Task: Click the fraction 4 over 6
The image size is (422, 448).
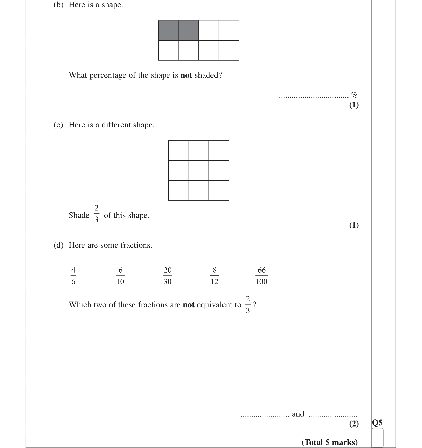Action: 73,276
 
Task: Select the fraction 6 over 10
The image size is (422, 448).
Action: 120,276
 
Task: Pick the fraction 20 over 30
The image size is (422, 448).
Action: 168,276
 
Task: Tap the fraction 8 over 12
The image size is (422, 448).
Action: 215,276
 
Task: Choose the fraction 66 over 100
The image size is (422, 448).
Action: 262,276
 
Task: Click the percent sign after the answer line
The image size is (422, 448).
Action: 354,95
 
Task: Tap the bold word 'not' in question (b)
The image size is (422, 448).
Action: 186,75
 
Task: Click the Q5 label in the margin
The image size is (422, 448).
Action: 377,423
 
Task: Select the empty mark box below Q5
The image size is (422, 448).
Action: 378,438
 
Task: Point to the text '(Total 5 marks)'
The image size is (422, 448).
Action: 330,442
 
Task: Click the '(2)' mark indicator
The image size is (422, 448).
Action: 354,423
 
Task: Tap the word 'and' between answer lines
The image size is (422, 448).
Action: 298,414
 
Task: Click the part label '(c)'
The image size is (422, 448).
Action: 58,125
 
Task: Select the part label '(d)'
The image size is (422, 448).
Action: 58,245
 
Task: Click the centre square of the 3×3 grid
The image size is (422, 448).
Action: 199,171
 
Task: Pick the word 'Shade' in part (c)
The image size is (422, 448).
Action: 79,215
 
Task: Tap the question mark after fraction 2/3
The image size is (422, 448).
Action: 254,305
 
